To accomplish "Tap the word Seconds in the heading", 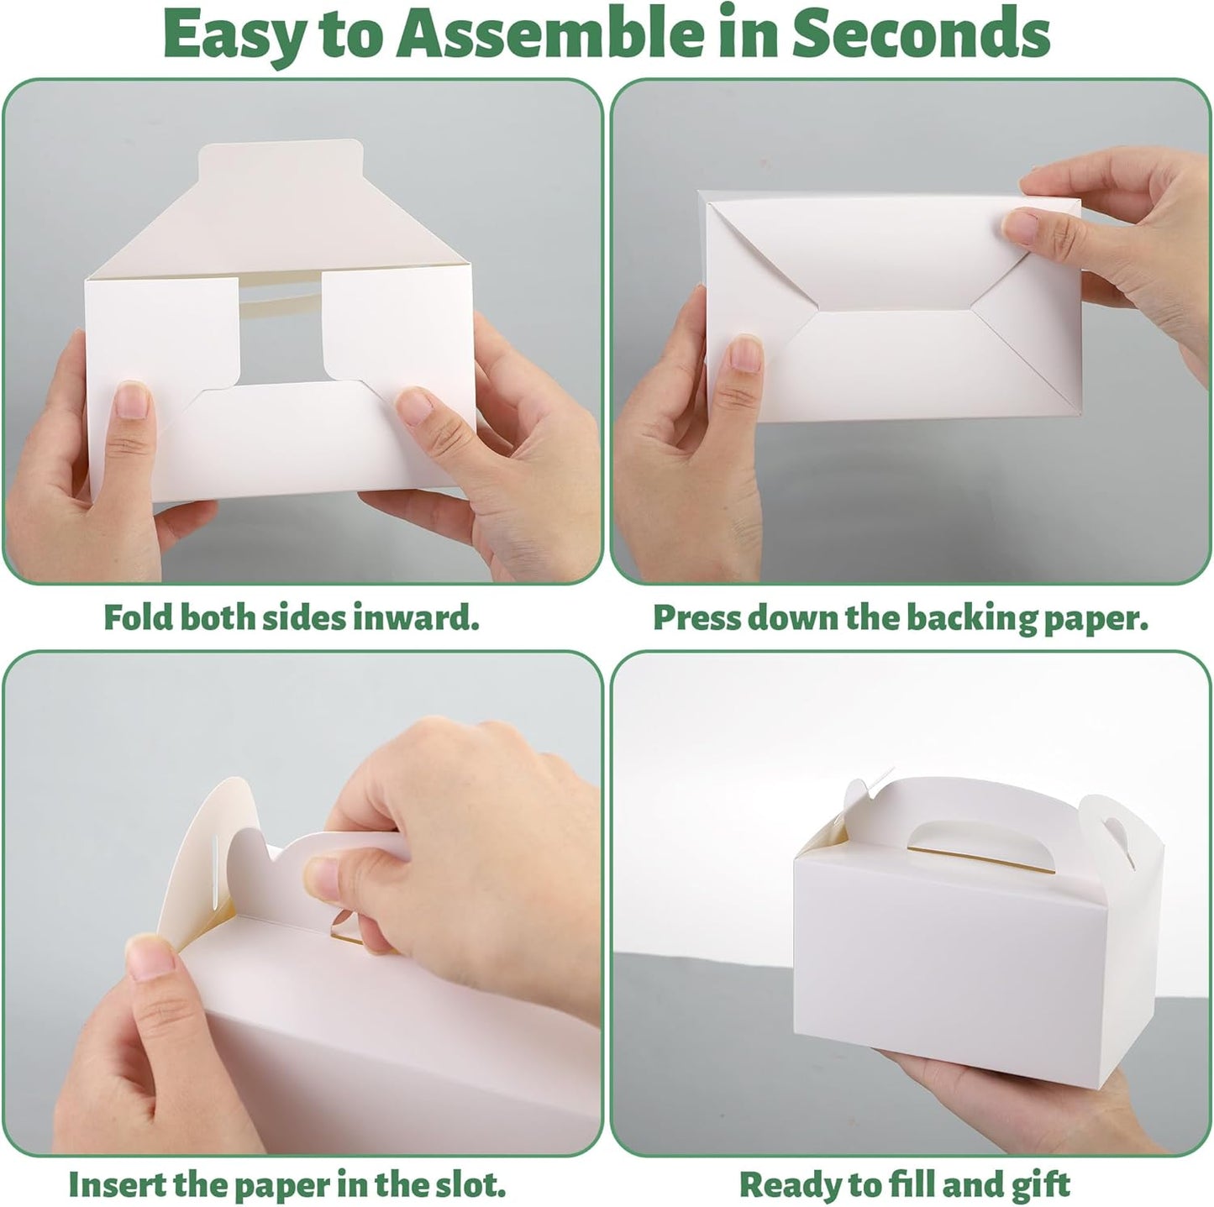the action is [x=921, y=34].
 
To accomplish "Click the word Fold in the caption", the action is [x=138, y=617].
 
